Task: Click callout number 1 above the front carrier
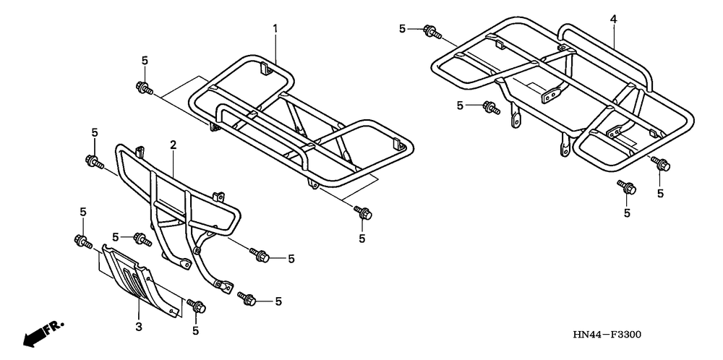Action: pos(275,28)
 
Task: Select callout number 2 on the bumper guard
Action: pos(174,146)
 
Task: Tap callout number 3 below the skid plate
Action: pos(139,327)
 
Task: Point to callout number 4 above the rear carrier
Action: pos(613,20)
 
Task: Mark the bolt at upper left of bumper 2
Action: pos(93,160)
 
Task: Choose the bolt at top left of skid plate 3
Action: pos(81,241)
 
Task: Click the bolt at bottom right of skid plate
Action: pos(196,306)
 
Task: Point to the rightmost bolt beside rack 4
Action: pos(660,164)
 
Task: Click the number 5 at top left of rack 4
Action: pos(403,29)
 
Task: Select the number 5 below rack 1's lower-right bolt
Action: pos(361,238)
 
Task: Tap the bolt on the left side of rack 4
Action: pos(491,108)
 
